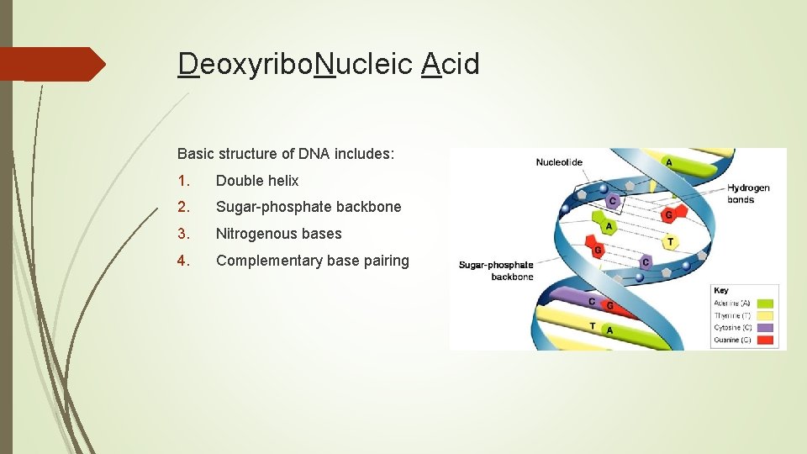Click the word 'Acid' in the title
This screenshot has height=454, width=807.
point(451,64)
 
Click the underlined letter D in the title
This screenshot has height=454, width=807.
point(188,64)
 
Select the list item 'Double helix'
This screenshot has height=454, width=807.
point(257,181)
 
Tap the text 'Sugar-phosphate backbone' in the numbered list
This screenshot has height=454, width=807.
point(309,207)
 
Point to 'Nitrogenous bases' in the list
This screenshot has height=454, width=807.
point(279,234)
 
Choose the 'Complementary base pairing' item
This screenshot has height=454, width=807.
point(313,261)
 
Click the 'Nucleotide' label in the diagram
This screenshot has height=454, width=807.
point(559,162)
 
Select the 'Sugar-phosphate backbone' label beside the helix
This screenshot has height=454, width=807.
point(496,271)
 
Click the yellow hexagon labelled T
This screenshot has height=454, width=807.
point(669,242)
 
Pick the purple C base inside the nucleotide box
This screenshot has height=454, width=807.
point(613,201)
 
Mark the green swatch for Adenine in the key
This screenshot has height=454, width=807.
point(765,303)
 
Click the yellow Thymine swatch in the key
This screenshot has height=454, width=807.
point(765,315)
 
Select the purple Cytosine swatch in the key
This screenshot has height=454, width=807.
point(765,328)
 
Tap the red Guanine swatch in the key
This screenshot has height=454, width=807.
point(765,340)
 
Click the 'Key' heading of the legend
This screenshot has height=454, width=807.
point(721,291)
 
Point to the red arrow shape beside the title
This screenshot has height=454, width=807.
point(50,64)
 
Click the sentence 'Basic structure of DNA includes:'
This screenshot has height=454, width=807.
point(286,154)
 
